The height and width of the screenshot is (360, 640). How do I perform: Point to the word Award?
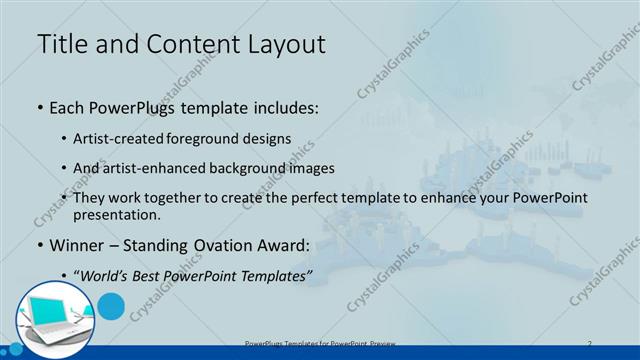(x=291, y=243)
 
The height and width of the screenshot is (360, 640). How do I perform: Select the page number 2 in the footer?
(x=590, y=343)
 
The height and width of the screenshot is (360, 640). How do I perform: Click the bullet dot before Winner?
(x=39, y=244)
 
